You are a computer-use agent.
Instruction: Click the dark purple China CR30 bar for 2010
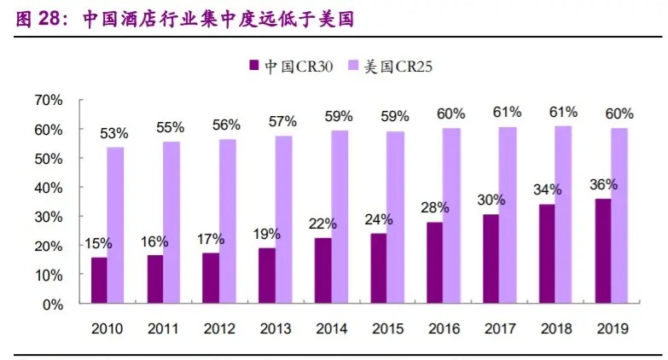[x=100, y=280]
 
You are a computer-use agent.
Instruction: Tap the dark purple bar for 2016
[x=434, y=263]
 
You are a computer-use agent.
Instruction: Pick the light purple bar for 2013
[x=283, y=219]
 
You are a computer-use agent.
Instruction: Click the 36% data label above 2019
[x=603, y=184]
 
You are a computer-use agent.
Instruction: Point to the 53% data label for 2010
[x=114, y=133]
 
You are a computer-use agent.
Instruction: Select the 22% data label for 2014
[x=322, y=224]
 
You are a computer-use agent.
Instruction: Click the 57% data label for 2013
[x=282, y=121]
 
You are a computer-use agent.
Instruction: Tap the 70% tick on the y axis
[x=48, y=100]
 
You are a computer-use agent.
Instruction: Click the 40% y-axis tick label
[x=48, y=188]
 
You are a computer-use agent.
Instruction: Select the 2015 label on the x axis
[x=386, y=328]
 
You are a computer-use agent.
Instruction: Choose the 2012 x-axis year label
[x=219, y=328]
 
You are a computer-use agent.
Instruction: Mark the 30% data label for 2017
[x=491, y=200]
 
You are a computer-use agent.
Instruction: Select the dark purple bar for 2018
[x=546, y=253]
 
